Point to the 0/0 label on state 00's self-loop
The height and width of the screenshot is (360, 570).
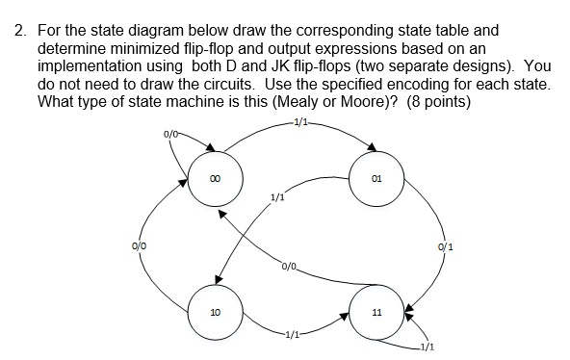pos(170,146)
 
